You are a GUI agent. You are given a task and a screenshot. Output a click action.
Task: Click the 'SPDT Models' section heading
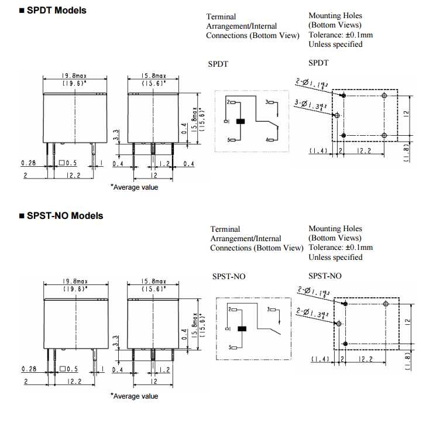pos(57,10)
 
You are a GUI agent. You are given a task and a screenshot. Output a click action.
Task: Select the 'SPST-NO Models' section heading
pos(65,215)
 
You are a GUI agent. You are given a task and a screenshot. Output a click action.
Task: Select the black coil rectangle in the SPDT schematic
pos(239,121)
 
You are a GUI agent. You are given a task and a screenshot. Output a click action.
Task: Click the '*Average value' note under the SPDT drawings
pos(134,187)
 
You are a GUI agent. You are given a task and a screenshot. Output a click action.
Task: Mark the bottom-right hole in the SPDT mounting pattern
pos(384,135)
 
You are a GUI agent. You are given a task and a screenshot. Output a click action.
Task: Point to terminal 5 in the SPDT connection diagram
pos(232,140)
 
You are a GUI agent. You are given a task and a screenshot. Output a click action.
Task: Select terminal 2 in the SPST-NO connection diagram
pos(232,308)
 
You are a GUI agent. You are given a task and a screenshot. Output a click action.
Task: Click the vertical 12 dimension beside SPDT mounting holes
pos(406,113)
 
